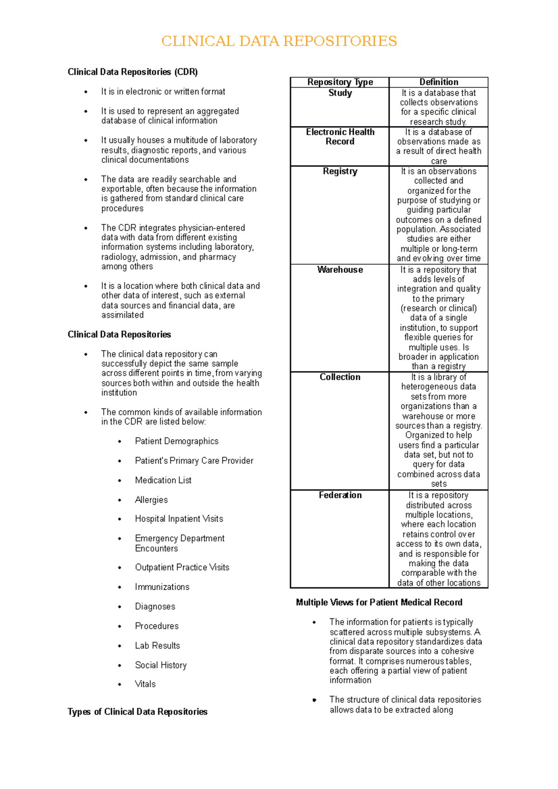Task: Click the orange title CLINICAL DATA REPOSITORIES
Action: (x=279, y=41)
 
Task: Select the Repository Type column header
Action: (x=340, y=82)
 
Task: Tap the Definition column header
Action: (x=438, y=82)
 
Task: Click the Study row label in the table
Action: (x=340, y=93)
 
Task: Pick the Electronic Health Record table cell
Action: (x=340, y=137)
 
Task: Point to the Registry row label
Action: (x=340, y=171)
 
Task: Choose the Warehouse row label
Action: (x=340, y=270)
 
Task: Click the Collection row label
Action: (x=340, y=377)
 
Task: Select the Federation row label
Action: (x=340, y=495)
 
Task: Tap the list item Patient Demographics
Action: (x=176, y=441)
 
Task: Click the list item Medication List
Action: (x=163, y=480)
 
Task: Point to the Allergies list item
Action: (x=151, y=500)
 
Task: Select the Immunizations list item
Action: (x=162, y=587)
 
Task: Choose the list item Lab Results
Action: (x=157, y=646)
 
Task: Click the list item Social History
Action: (x=160, y=665)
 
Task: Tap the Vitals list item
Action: (x=145, y=684)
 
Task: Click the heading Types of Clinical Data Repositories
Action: (x=137, y=712)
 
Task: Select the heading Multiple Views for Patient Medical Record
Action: (x=379, y=603)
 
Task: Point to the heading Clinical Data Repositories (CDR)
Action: (x=133, y=72)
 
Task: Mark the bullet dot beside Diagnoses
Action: (x=120, y=607)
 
